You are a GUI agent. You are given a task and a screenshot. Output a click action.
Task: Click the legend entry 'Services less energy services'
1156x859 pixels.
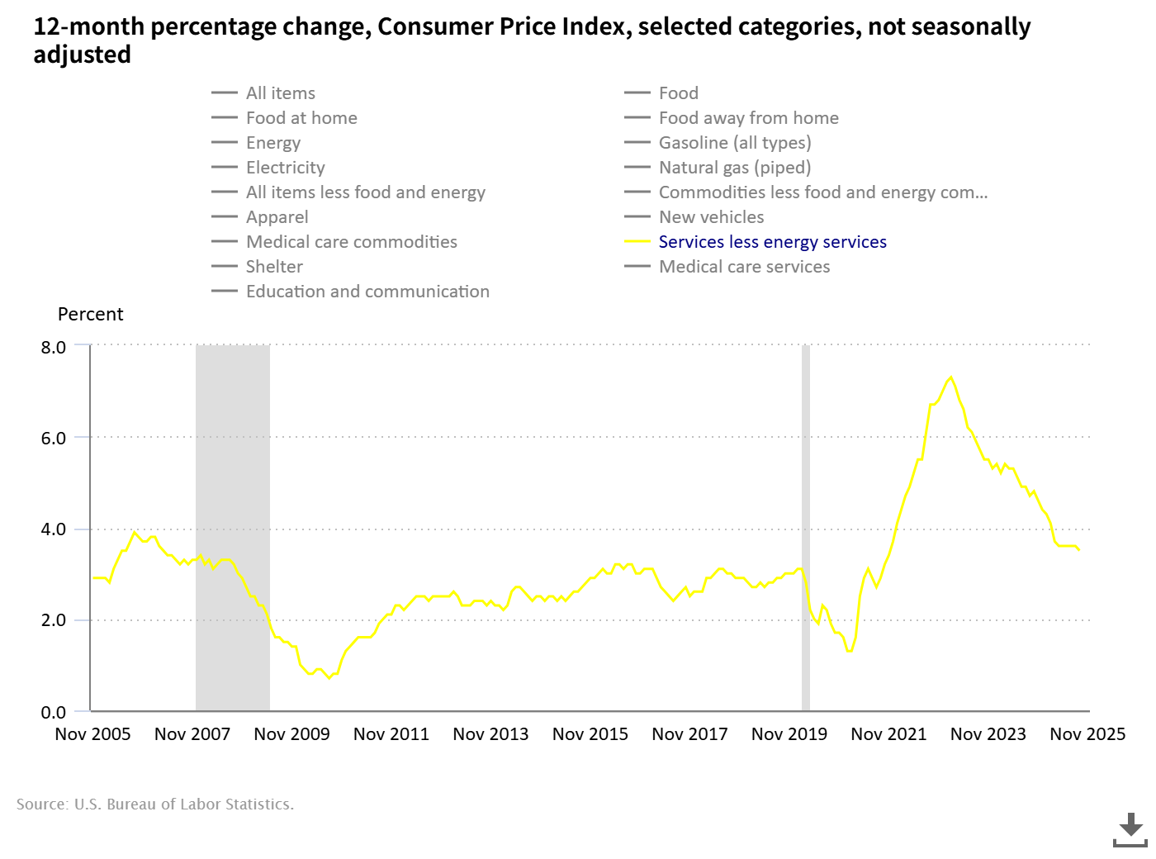(x=772, y=242)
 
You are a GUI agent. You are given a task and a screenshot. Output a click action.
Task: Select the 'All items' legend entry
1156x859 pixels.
(x=280, y=93)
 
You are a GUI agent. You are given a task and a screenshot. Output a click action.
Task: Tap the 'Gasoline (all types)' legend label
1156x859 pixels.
(x=734, y=143)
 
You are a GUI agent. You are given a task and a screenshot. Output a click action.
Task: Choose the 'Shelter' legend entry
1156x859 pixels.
(x=274, y=267)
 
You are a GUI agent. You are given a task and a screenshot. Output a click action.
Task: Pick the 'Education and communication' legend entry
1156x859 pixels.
(x=367, y=292)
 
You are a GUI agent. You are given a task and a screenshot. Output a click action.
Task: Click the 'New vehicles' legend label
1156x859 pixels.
(x=711, y=217)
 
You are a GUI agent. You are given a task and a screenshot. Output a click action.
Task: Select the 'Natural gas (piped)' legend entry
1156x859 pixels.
(x=734, y=168)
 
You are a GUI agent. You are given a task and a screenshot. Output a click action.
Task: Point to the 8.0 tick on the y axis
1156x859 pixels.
(x=54, y=347)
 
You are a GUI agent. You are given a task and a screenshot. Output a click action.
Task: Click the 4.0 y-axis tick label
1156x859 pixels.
(x=54, y=529)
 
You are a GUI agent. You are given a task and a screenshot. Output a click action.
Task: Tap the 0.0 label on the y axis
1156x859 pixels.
(x=54, y=712)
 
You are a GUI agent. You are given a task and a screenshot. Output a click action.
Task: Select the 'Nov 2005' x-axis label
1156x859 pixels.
(x=92, y=734)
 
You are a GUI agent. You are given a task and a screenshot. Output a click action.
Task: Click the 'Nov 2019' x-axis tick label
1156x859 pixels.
(x=789, y=734)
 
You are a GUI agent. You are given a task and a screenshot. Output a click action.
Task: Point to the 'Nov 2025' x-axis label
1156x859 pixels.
(x=1087, y=734)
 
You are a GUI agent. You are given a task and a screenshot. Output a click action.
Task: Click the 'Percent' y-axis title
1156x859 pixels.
(x=90, y=315)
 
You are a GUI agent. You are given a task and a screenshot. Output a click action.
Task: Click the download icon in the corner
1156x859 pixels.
(x=1130, y=829)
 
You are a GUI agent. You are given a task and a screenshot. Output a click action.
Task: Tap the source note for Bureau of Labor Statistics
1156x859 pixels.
(x=155, y=804)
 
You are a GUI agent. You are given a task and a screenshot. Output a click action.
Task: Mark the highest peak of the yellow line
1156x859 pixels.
(x=951, y=377)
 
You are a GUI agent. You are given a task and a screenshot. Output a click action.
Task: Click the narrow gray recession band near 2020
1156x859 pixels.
(x=806, y=529)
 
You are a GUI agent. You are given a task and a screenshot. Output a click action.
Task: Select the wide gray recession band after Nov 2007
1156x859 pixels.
(x=233, y=529)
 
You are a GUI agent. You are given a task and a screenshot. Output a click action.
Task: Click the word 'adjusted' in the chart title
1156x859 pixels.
(x=82, y=55)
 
